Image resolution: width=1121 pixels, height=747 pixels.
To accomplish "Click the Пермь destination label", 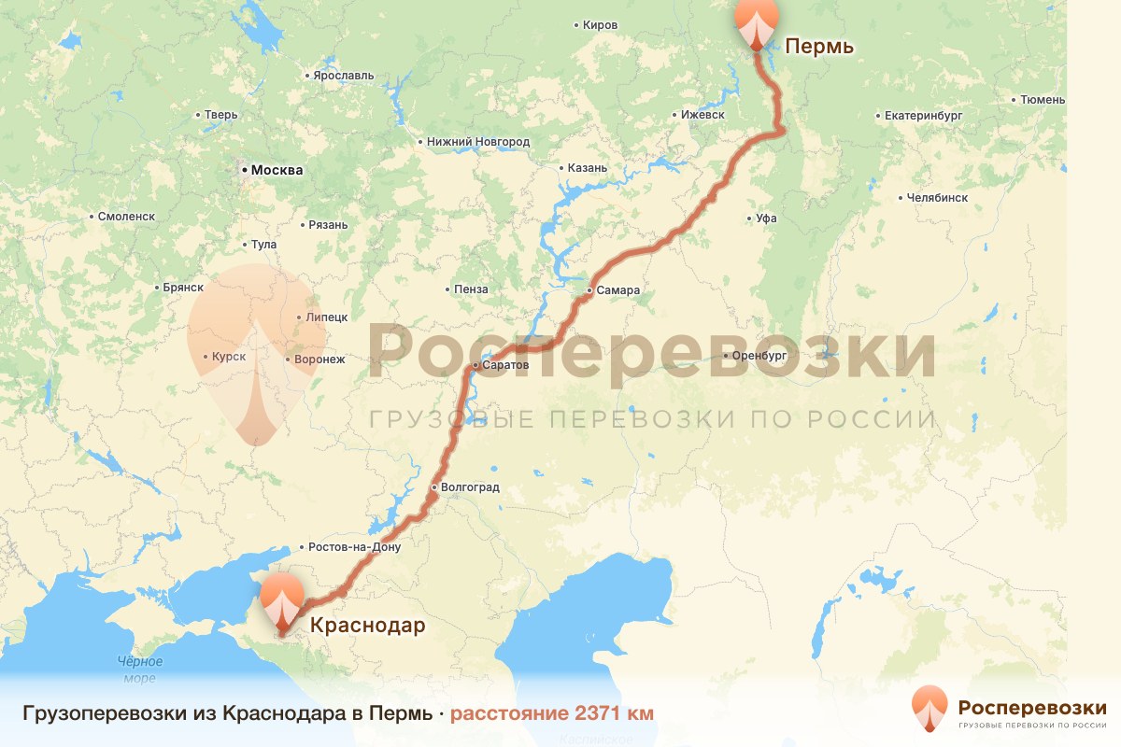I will click(818, 46).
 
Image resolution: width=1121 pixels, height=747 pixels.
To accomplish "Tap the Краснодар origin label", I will click(366, 626).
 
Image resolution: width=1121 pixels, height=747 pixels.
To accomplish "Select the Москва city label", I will click(277, 171).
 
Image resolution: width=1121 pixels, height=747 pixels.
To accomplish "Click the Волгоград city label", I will click(470, 487).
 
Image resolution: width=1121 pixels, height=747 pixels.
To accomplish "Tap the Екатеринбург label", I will click(922, 116).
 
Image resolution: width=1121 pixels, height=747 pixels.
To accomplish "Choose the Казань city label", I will click(588, 168).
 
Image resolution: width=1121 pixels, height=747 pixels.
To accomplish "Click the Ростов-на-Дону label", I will click(354, 547).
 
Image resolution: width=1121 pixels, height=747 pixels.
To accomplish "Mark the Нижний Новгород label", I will click(477, 142).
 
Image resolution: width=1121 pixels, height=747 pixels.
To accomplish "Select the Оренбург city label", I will click(759, 356).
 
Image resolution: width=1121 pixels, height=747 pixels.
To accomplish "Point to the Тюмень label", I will click(1043, 99).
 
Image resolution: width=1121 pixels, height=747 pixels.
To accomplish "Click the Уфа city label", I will click(766, 218).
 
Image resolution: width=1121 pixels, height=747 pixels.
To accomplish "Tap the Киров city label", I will click(600, 25).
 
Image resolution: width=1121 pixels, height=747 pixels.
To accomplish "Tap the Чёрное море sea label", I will click(140, 669).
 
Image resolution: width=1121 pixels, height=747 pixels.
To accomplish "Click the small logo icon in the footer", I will click(929, 709).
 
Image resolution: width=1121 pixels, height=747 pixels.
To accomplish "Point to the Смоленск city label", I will click(126, 217).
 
